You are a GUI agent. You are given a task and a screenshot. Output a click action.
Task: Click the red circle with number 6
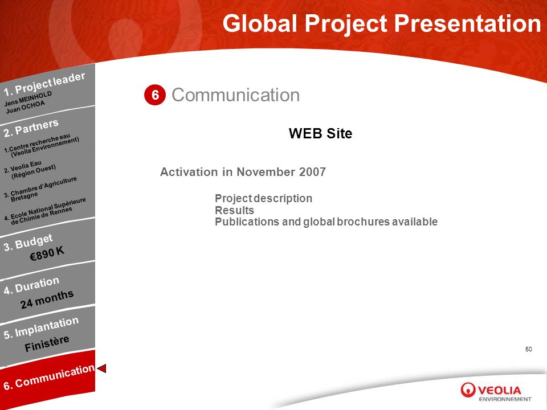point(155,95)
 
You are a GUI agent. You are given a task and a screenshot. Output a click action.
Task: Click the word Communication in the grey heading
point(235,95)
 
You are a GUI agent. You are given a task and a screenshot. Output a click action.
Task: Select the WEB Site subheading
point(320,133)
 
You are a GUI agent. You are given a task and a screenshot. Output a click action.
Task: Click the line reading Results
point(234,210)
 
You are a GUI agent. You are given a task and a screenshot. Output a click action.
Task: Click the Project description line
point(263,198)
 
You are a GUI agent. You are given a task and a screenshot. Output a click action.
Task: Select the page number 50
point(529,349)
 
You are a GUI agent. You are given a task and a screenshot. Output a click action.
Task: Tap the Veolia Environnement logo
point(496,392)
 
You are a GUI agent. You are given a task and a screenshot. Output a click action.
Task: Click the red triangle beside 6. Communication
point(101,368)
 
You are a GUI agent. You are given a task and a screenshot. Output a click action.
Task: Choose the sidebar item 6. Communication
point(49,377)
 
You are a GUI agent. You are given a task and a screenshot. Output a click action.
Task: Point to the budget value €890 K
point(47,253)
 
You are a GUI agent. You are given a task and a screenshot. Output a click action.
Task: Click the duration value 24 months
point(47,299)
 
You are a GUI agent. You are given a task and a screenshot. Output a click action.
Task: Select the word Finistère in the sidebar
point(47,344)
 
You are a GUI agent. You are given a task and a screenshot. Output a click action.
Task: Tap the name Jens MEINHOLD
point(28,99)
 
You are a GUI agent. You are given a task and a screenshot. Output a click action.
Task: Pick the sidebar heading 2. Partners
point(31,128)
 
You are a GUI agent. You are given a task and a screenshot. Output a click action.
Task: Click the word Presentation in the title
point(467,24)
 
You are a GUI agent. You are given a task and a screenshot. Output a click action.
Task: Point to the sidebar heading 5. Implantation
point(41,328)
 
